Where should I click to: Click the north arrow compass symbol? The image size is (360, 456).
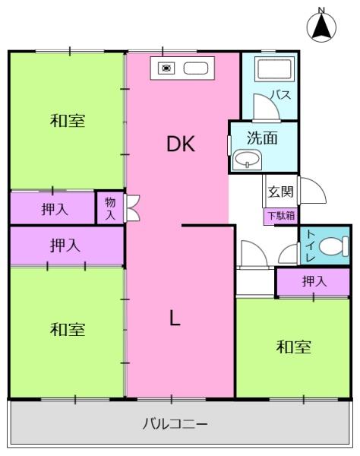321,26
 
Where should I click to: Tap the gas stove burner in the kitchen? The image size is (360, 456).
166,68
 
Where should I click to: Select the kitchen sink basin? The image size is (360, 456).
195,68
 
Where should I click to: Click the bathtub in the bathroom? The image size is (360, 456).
274,69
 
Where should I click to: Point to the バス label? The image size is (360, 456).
281,95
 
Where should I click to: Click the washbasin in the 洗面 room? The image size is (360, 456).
247,160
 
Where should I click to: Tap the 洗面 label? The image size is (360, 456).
262,138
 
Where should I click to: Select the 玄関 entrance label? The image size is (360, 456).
280,192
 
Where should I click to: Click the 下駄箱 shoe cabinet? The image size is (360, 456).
281,216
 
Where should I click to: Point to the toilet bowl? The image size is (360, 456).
333,246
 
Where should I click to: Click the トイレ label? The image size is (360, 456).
311,245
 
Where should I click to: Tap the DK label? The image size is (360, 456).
181,144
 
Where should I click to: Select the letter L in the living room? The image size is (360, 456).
175,318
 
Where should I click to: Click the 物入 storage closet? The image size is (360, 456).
110,207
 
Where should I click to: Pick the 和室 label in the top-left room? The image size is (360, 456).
68,121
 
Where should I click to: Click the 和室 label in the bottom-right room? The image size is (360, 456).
293,347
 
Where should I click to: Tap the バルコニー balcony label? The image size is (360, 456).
175,424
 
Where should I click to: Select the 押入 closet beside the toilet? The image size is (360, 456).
313,281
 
